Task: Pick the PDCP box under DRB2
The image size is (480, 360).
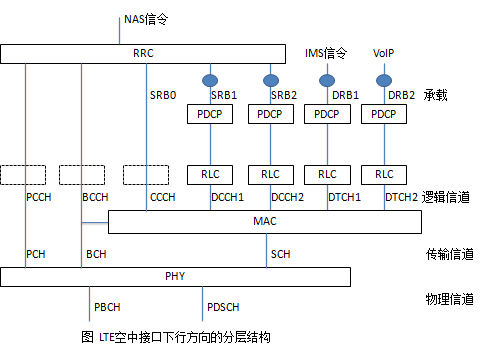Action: [384, 115]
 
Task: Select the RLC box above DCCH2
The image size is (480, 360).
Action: [270, 174]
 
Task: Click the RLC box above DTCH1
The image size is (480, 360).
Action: [327, 174]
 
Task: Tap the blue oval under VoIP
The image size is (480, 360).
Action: [383, 79]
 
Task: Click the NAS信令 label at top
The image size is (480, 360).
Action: [147, 17]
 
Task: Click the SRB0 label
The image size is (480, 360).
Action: [162, 95]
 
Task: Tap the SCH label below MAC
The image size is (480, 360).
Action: [282, 255]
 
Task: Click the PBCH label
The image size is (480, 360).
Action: [107, 305]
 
